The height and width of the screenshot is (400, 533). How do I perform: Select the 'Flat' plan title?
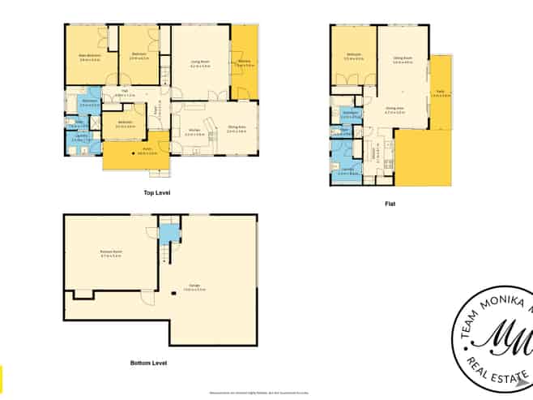(x=390, y=205)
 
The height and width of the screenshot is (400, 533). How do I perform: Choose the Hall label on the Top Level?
(x=125, y=93)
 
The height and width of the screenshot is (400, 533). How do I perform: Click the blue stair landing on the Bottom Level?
(x=168, y=233)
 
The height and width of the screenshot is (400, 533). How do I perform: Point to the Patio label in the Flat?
(x=440, y=93)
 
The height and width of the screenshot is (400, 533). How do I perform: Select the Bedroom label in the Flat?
(x=353, y=57)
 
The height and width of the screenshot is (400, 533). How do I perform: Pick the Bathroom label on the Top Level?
(x=90, y=104)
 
